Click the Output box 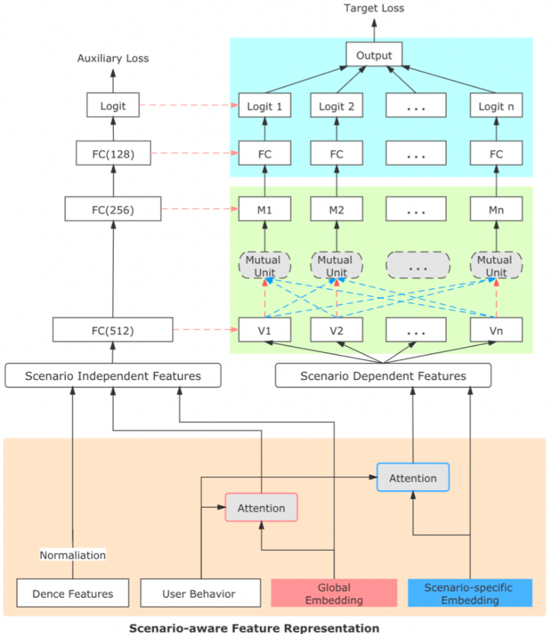point(373,55)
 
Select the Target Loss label point(373,9)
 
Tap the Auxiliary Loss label point(113,58)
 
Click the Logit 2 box point(336,106)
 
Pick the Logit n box point(496,106)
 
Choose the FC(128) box point(113,153)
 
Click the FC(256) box point(113,210)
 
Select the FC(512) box point(113,331)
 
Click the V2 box point(336,331)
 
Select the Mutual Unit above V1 point(264,265)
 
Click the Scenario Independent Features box point(113,376)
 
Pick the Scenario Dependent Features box point(383,376)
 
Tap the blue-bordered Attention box point(413,477)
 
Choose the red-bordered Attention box point(261,508)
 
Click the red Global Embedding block point(334,593)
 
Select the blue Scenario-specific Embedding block point(471,593)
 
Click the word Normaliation point(72,555)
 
